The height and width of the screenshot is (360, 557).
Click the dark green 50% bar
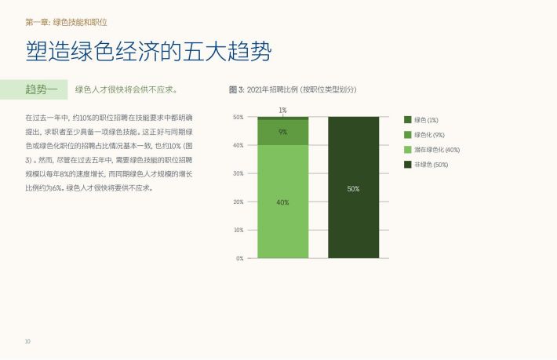click(x=354, y=187)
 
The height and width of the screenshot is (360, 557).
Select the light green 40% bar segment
click(x=282, y=202)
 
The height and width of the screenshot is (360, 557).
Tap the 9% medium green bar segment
click(x=282, y=132)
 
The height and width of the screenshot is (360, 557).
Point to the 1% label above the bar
click(x=282, y=110)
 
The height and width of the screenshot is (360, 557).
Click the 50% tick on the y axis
click(x=238, y=117)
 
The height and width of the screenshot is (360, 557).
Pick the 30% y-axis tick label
click(x=238, y=173)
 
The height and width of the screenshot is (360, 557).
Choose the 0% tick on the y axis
click(x=240, y=258)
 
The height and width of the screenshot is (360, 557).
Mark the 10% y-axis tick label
click(x=238, y=230)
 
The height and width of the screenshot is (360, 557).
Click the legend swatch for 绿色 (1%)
click(x=408, y=120)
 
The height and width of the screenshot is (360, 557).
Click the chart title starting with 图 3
click(x=293, y=89)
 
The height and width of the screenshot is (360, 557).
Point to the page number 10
click(x=27, y=341)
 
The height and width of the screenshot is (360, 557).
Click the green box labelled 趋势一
click(x=34, y=89)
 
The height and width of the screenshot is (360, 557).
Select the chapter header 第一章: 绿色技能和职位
click(x=66, y=23)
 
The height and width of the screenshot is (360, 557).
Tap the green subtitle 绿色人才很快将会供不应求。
click(x=126, y=89)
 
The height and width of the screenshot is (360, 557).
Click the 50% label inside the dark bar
click(x=354, y=189)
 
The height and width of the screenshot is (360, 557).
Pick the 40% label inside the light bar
click(x=282, y=202)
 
